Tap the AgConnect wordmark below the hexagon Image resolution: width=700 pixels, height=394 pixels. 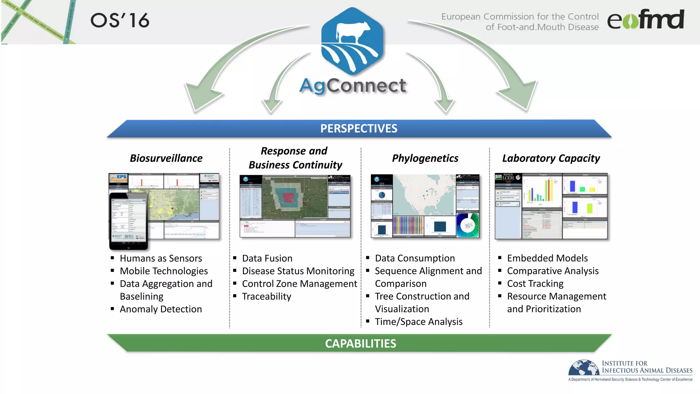(353, 86)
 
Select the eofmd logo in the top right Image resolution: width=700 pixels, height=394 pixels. (645, 20)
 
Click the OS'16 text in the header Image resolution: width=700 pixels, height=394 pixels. (120, 21)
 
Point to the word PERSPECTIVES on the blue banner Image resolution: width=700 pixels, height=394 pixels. (359, 129)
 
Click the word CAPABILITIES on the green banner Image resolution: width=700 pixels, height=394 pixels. (360, 343)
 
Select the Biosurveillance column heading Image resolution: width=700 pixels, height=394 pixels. (166, 158)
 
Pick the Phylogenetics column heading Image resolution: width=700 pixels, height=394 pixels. (425, 158)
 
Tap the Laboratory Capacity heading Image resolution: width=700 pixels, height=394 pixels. (551, 158)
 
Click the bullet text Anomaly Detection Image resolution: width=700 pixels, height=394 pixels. (161, 309)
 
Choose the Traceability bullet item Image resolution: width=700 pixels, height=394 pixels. (267, 297)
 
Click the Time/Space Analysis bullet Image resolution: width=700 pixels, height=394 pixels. (418, 322)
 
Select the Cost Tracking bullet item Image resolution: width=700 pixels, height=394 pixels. (535, 284)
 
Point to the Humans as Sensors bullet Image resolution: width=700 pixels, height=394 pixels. (161, 259)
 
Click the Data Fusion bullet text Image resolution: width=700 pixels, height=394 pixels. (267, 259)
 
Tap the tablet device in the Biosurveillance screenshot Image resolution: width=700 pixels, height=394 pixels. (129, 221)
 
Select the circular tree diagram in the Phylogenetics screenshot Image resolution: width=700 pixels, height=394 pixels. (468, 225)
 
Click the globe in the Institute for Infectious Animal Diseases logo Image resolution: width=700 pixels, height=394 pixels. (584, 368)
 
